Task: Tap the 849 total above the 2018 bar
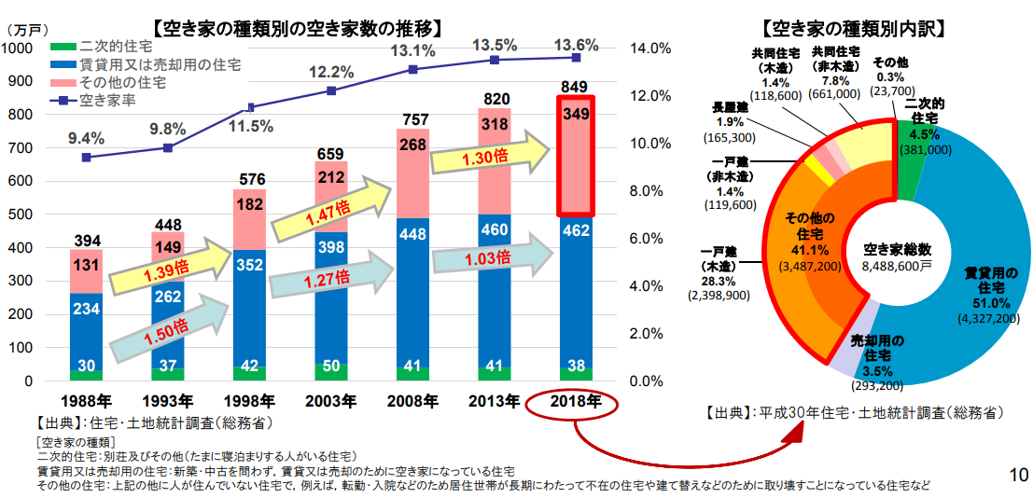573,88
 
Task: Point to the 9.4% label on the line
86,138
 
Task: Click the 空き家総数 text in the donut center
897,249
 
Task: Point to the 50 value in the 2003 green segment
331,365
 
